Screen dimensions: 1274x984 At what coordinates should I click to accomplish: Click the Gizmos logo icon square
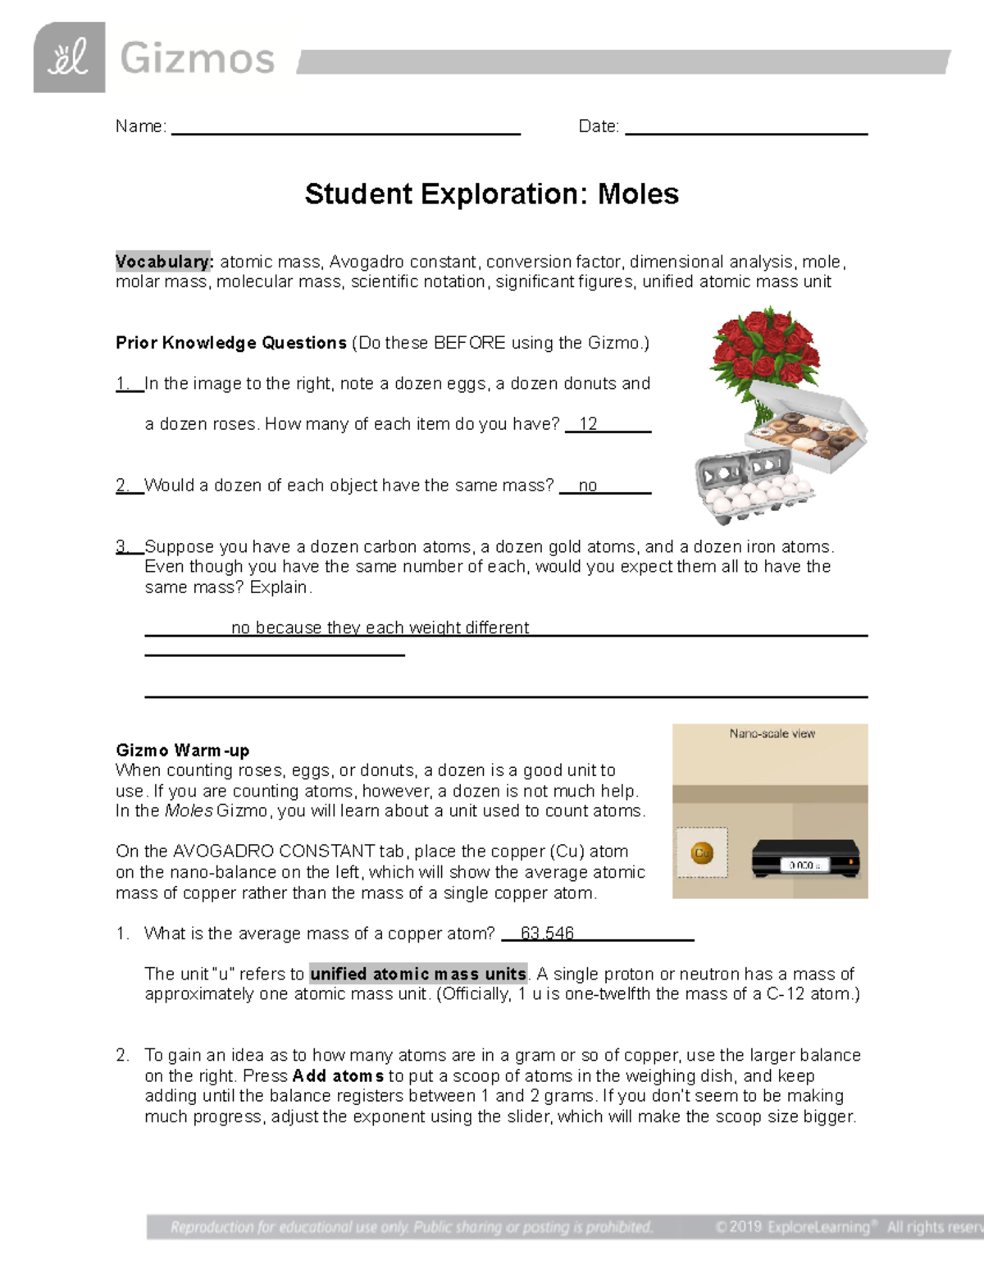69,57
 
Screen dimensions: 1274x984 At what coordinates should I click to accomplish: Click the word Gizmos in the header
197,59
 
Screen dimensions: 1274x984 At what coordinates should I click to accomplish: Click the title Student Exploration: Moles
491,194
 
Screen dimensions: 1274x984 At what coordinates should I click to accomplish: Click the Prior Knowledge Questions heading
231,343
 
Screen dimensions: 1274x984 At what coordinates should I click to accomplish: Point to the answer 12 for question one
588,424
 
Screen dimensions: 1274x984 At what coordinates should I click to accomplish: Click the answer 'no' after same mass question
587,486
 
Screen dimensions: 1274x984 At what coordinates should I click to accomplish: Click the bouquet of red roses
764,353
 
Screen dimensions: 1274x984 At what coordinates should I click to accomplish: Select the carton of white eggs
753,488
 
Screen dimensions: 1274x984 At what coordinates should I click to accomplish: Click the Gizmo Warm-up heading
182,750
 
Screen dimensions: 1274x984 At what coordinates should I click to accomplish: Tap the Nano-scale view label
772,733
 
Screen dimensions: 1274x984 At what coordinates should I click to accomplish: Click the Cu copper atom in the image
702,853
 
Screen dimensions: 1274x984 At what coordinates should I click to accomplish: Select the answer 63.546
547,934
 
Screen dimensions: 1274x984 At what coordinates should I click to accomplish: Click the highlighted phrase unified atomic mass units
418,974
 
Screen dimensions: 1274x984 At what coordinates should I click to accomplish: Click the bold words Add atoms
338,1075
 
